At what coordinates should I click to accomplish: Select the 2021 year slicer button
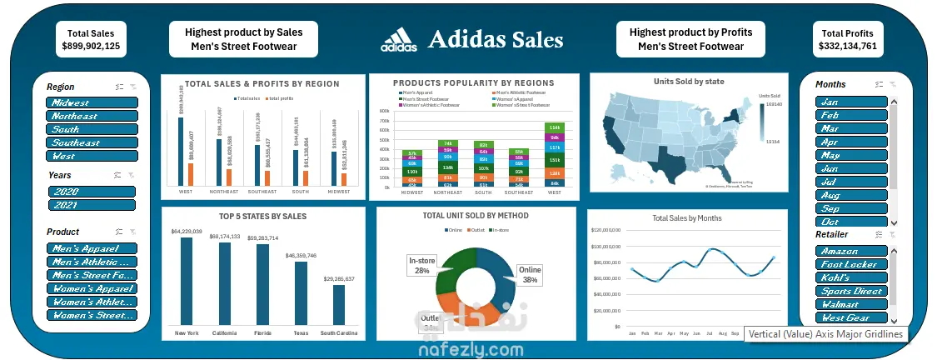92,205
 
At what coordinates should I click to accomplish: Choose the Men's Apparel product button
92,248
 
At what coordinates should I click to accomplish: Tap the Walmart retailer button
851,304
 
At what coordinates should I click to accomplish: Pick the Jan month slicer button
851,102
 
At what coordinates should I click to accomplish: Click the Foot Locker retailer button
851,264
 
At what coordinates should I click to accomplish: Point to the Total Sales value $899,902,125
91,47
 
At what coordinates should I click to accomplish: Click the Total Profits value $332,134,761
846,47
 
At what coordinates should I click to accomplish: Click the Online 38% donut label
530,275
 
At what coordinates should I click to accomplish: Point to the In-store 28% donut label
420,265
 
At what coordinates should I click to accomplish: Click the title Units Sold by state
689,82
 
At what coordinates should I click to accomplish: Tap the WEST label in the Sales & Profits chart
187,191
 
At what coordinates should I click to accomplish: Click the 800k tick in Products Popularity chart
386,110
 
